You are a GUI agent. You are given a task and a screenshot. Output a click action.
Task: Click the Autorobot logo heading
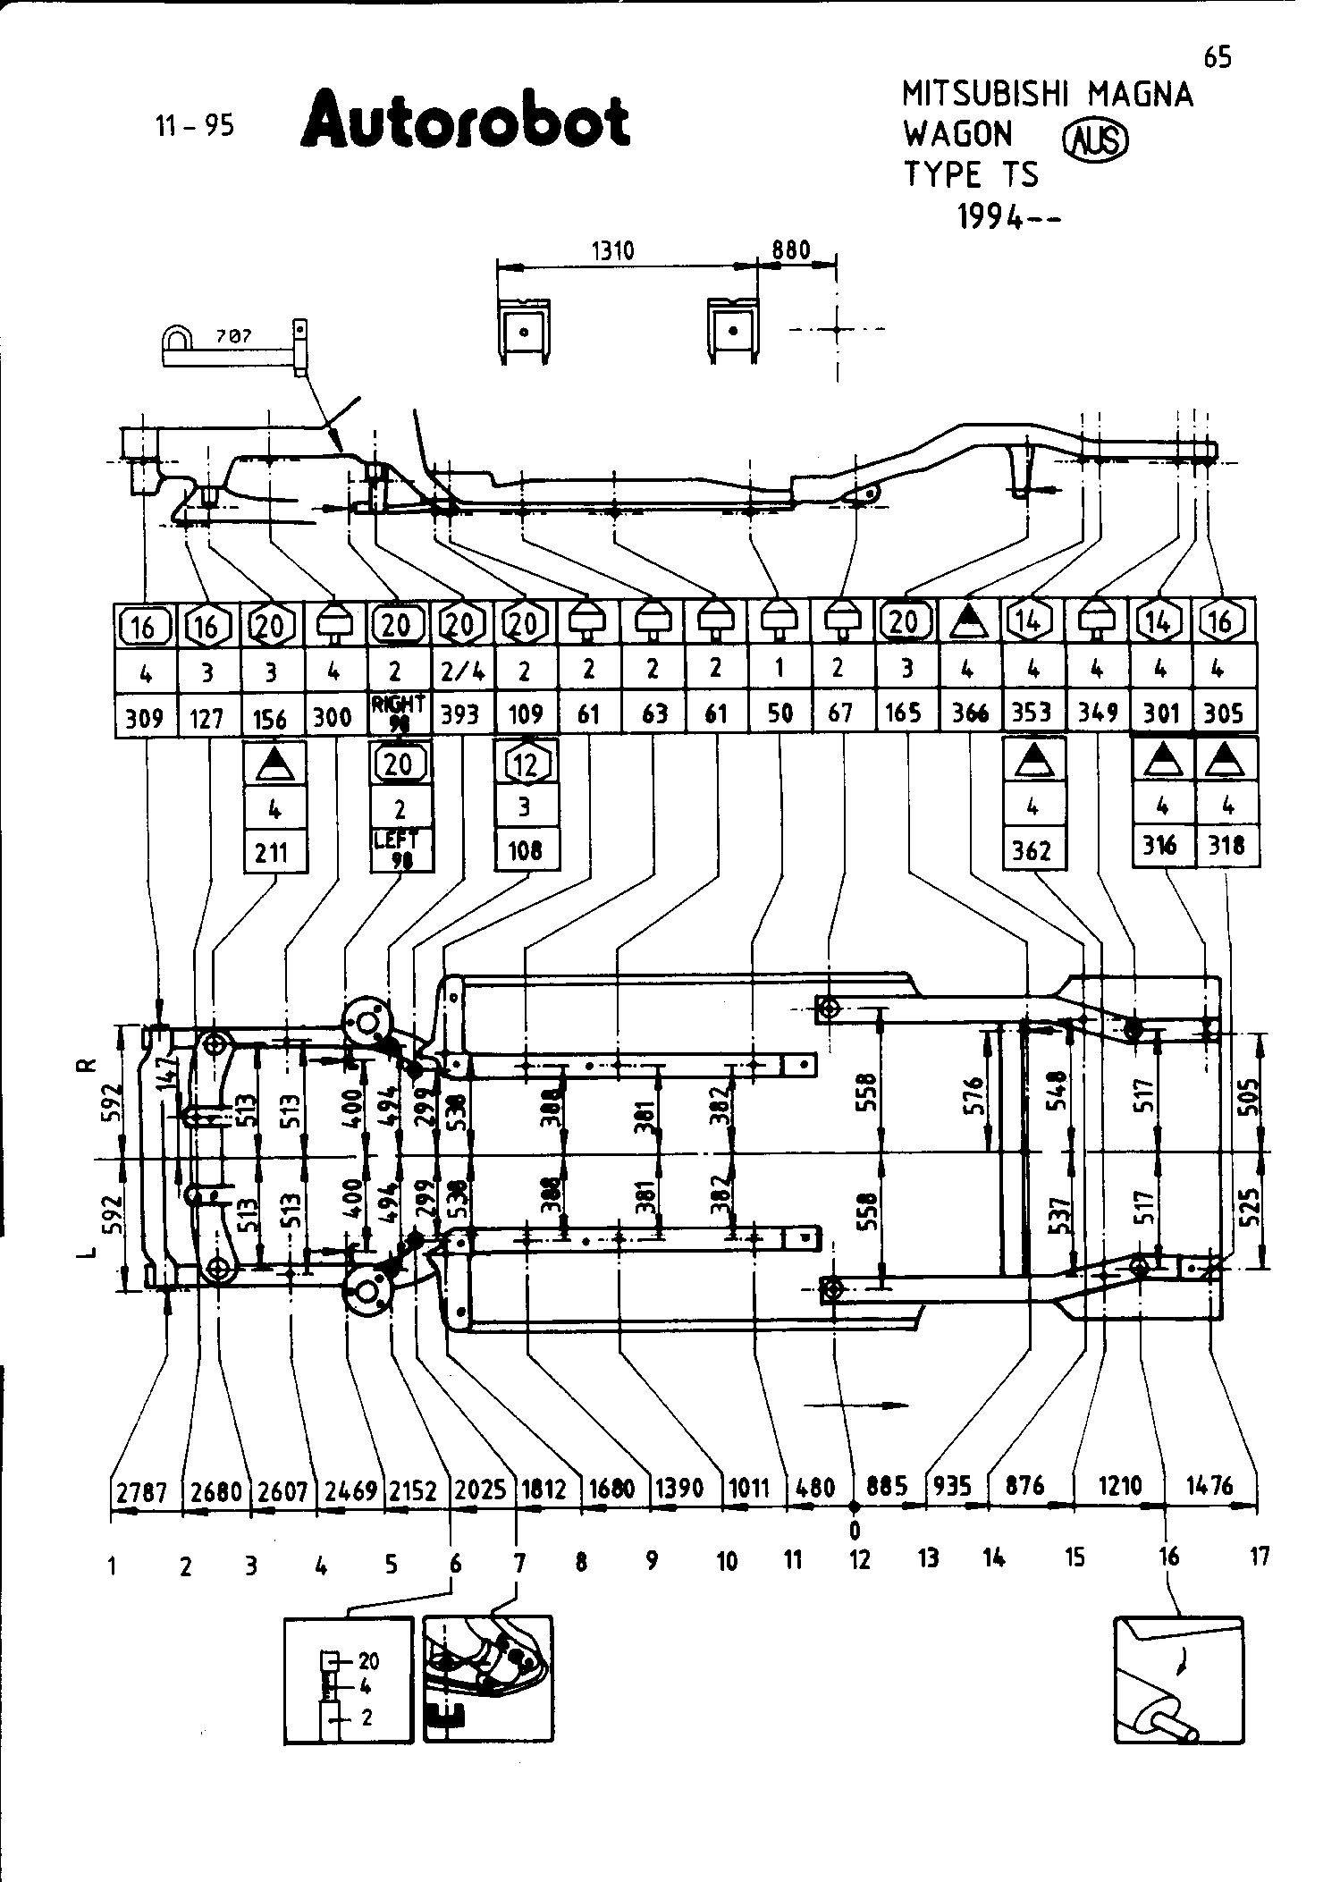[x=466, y=122]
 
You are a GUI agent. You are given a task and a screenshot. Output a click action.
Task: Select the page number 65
[x=1217, y=58]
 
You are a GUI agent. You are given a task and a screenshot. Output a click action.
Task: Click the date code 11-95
[x=195, y=126]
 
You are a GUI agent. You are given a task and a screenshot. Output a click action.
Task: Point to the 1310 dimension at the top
[x=613, y=251]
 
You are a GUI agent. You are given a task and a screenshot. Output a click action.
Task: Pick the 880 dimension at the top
[x=791, y=249]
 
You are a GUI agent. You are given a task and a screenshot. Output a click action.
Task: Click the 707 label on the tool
[x=234, y=336]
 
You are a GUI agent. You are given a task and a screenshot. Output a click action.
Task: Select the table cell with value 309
[x=145, y=715]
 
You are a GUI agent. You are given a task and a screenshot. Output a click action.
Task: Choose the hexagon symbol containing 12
[x=526, y=764]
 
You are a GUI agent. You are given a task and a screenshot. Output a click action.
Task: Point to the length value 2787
[x=142, y=1490]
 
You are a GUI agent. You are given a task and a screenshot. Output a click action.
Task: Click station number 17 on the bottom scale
[x=1259, y=1557]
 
